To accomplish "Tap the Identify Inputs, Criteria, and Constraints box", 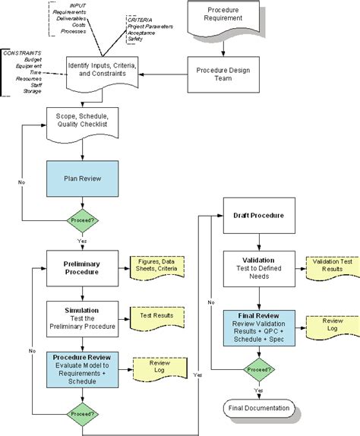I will coord(102,73).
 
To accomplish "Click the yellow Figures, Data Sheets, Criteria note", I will coord(157,267).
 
